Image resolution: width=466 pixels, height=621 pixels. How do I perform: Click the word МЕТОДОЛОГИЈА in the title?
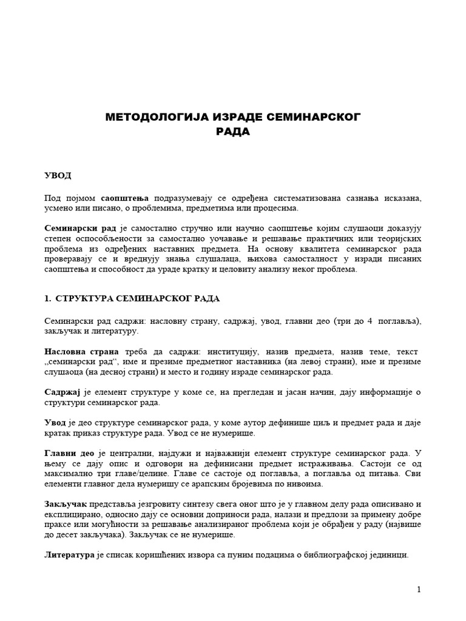click(151, 117)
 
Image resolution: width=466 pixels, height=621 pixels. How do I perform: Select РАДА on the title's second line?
click(232, 132)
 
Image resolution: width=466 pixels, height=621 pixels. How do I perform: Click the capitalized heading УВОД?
click(58, 176)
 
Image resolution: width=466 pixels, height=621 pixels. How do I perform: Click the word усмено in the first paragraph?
click(59, 208)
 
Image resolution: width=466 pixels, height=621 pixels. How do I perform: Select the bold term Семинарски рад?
click(79, 228)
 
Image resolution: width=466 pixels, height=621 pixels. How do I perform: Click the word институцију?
click(224, 352)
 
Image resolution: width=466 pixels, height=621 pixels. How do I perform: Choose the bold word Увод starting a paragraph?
click(55, 423)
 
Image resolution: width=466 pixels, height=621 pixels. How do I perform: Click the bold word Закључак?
click(66, 504)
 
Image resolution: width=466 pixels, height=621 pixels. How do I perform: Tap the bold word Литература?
click(69, 554)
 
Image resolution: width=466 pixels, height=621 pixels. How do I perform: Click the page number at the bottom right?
click(419, 589)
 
